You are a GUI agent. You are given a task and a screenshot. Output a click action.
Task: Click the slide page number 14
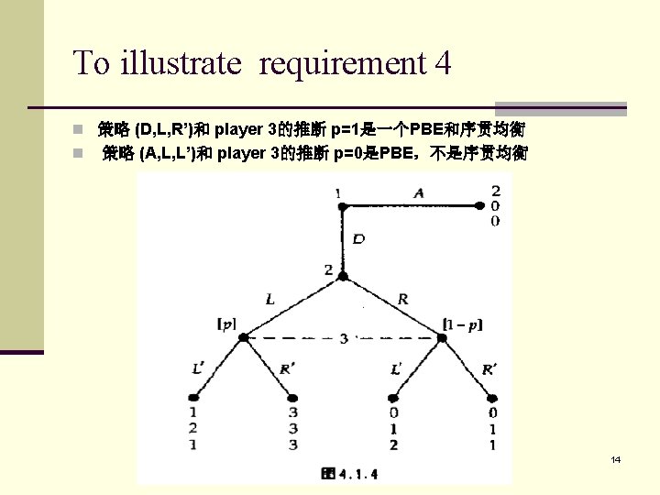click(615, 459)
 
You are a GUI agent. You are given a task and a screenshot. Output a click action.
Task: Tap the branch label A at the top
click(419, 192)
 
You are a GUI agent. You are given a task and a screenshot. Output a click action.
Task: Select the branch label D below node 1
click(358, 239)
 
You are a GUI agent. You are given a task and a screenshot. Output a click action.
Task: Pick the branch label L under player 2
click(270, 299)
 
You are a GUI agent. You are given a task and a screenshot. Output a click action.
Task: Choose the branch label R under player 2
click(404, 299)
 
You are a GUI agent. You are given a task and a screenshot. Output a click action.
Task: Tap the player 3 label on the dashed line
click(344, 338)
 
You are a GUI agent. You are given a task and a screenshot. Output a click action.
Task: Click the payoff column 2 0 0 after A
click(495, 206)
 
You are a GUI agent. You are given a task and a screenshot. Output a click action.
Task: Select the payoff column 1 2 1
click(193, 428)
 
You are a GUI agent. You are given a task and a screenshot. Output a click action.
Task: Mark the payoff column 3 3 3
click(293, 428)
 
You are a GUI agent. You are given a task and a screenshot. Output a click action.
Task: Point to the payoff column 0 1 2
click(393, 428)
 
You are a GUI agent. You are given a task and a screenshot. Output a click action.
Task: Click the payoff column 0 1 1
click(492, 428)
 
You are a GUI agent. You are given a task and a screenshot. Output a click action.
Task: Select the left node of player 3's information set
click(244, 337)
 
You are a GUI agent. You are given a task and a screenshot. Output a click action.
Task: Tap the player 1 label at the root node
click(338, 193)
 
